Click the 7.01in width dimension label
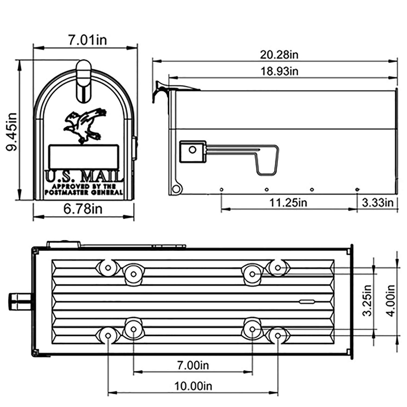coord(87,40)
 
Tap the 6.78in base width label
coord(83,209)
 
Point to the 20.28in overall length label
coord(279,55)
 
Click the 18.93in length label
coord(279,71)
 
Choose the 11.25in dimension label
coord(288,203)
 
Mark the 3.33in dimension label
coord(377,203)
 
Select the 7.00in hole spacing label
coord(193,365)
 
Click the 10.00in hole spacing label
coord(193,386)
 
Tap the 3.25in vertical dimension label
coord(367,301)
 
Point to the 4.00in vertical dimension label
coord(391,301)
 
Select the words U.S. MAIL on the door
coord(83,177)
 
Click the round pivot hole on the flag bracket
coord(192,150)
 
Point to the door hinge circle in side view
coord(176,189)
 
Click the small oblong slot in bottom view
coord(307,301)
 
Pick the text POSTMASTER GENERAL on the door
coord(84,192)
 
